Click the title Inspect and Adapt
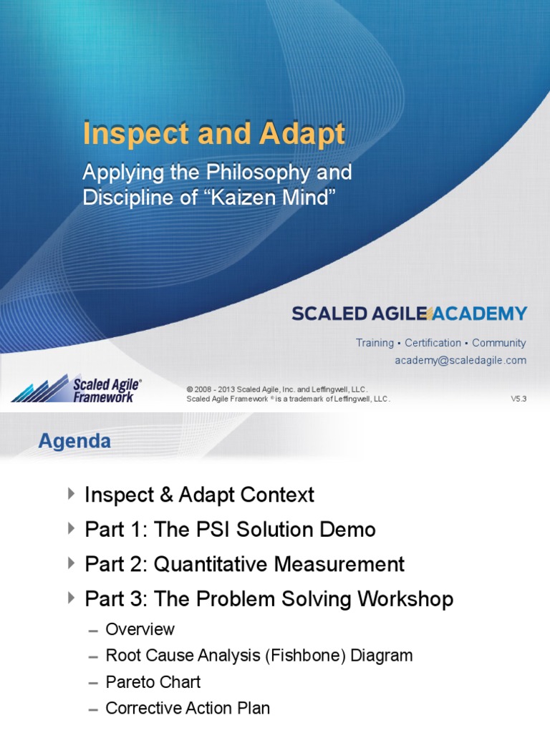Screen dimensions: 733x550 click(x=213, y=135)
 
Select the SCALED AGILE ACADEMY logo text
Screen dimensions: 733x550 click(x=409, y=314)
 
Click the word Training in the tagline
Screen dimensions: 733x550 click(x=375, y=343)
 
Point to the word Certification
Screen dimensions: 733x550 click(x=433, y=343)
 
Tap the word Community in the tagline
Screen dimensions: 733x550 click(x=498, y=343)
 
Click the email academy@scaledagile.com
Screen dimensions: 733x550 click(x=460, y=361)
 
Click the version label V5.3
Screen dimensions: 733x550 click(x=518, y=399)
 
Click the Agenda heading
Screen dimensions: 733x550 click(x=74, y=442)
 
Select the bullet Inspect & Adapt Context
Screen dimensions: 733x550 click(x=199, y=495)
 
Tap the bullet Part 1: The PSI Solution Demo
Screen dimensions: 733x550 click(x=230, y=530)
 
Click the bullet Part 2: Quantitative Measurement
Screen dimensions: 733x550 click(x=244, y=564)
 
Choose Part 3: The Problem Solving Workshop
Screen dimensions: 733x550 click(x=269, y=598)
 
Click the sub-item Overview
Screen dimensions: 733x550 click(x=140, y=630)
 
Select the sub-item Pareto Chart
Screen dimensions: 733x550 click(x=153, y=682)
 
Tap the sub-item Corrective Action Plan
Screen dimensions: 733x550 click(x=188, y=709)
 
